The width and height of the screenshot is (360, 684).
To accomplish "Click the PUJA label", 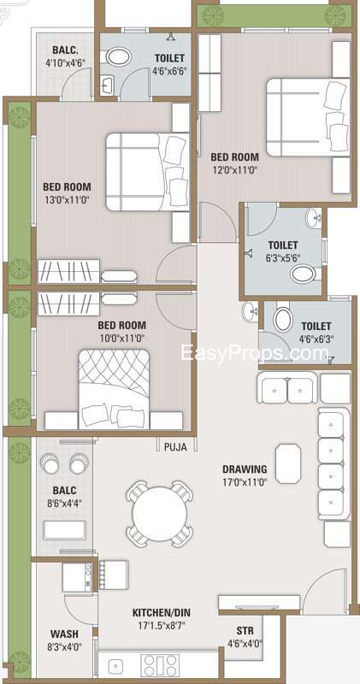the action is point(175,447).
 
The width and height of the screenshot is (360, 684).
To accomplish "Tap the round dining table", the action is point(160,514).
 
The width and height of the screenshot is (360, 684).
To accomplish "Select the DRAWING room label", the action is point(245,469).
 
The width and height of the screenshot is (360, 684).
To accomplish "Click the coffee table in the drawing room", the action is point(288,463).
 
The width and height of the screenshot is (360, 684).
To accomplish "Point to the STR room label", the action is point(245,631).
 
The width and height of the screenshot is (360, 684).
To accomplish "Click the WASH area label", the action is point(64,634).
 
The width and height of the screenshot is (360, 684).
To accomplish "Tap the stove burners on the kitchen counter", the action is point(160,666).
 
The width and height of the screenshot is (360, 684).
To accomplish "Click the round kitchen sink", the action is point(115,666).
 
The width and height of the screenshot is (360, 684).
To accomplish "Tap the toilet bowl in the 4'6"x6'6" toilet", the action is point(118,56).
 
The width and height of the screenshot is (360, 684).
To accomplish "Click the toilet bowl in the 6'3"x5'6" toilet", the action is point(304,274).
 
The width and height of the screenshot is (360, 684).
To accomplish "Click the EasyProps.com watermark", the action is point(255,352).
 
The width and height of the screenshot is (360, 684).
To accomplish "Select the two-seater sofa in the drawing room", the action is point(287,387).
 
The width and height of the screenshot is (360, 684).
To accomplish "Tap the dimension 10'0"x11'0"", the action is point(121,337).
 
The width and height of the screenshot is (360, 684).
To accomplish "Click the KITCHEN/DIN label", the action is point(162,613).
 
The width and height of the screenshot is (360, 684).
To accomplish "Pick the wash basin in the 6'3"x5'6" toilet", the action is point(314,218).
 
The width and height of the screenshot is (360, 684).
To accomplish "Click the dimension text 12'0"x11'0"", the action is point(235,169).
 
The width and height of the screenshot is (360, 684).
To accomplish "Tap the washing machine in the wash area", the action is point(77,576).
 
